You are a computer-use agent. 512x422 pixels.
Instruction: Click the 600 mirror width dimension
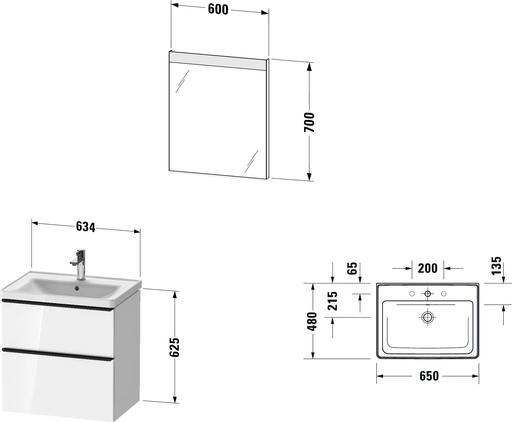click(218, 10)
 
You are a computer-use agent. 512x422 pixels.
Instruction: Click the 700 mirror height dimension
click(309, 122)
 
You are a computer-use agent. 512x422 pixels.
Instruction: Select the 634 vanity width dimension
click(85, 227)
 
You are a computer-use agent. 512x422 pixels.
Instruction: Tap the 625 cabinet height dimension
click(175, 347)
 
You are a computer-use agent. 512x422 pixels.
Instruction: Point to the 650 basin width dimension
click(429, 376)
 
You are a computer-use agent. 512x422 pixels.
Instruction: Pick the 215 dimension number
click(333, 301)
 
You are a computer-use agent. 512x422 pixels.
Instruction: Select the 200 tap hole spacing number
click(428, 268)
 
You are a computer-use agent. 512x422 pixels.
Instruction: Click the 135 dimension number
click(496, 266)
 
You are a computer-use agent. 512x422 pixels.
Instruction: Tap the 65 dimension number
click(352, 268)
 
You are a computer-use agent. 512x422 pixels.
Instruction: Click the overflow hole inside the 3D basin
click(77, 288)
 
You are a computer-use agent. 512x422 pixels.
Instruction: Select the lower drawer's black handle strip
click(57, 353)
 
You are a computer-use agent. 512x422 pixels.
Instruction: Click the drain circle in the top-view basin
click(428, 317)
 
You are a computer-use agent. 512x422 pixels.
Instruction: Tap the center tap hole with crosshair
click(428, 294)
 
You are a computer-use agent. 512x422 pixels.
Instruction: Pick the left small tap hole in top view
click(412, 294)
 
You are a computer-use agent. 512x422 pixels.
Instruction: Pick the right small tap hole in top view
click(444, 294)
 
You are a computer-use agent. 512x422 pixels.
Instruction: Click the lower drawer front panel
click(57, 387)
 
